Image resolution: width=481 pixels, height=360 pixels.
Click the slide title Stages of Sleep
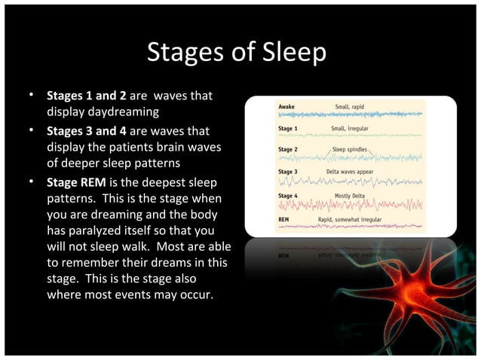(x=237, y=52)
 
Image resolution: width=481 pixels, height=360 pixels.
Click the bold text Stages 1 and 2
(x=87, y=96)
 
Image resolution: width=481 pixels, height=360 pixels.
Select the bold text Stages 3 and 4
(x=87, y=130)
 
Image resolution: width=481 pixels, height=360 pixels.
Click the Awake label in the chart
(x=286, y=107)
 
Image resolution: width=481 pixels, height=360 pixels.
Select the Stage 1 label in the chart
(x=288, y=128)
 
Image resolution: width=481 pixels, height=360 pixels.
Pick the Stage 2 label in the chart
(x=288, y=149)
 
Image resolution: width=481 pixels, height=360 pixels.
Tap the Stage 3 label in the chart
(x=288, y=171)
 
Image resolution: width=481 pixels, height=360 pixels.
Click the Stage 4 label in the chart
(x=288, y=196)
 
